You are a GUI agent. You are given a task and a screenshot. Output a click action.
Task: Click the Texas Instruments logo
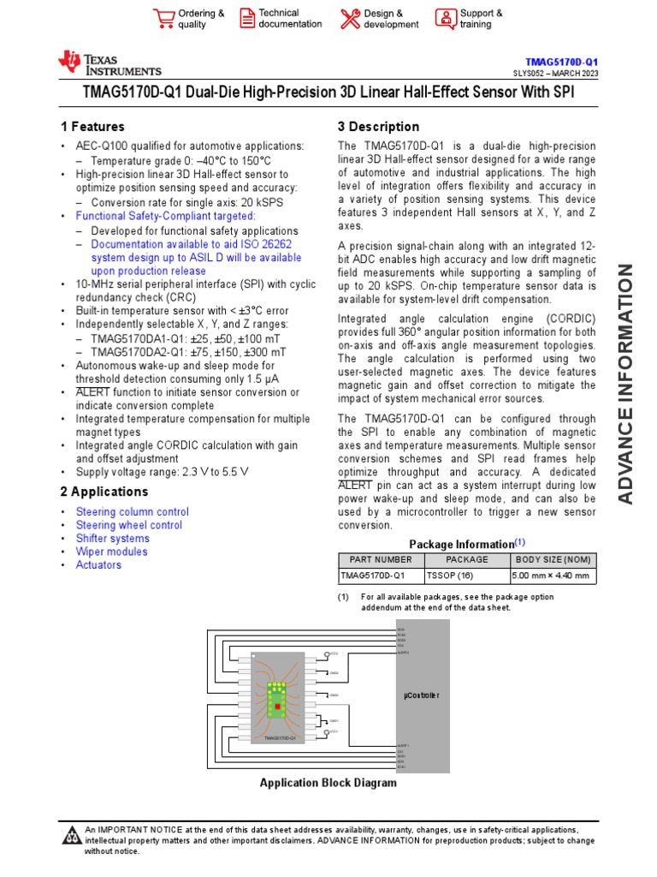click(x=109, y=63)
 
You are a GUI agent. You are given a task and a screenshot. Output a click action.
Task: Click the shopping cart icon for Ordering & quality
click(x=163, y=19)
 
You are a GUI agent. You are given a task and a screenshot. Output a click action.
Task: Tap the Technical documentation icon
click(x=246, y=19)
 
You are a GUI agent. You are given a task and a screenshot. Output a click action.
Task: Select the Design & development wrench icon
click(x=350, y=19)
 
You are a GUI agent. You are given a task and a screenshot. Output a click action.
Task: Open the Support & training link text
click(x=481, y=19)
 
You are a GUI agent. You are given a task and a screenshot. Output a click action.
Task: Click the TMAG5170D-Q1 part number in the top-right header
click(x=561, y=63)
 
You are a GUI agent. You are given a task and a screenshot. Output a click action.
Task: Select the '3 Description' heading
click(x=378, y=127)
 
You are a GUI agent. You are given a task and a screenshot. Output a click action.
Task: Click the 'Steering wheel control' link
click(x=129, y=525)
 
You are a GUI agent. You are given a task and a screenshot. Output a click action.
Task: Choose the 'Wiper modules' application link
click(x=111, y=552)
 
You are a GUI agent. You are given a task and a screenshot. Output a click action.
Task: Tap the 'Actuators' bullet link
click(x=98, y=565)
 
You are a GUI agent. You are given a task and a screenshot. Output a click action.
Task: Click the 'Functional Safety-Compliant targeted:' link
click(x=165, y=217)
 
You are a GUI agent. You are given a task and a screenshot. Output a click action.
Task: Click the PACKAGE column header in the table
click(x=466, y=559)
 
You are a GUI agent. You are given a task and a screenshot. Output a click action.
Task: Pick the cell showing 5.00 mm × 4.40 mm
click(x=552, y=576)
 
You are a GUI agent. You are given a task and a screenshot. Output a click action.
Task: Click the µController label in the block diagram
click(x=421, y=695)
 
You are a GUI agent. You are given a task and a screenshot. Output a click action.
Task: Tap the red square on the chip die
click(x=276, y=705)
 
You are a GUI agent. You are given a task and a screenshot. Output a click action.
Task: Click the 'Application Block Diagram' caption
click(x=328, y=783)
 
